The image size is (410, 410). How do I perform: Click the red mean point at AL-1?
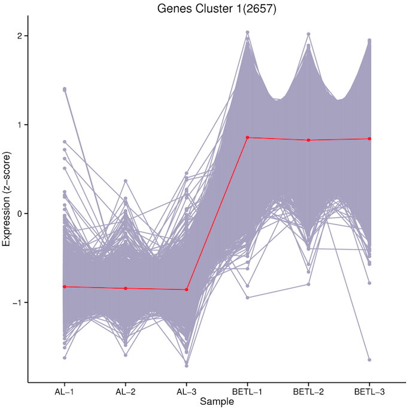click(64, 287)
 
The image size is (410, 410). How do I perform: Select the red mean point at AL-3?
click(186, 290)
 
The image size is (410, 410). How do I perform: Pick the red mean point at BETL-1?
click(247, 138)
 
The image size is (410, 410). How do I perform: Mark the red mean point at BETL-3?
click(369, 139)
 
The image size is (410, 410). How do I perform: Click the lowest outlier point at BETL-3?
click(369, 360)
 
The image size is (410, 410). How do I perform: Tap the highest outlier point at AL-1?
click(64, 89)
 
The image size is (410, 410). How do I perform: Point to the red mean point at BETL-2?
click(308, 140)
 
